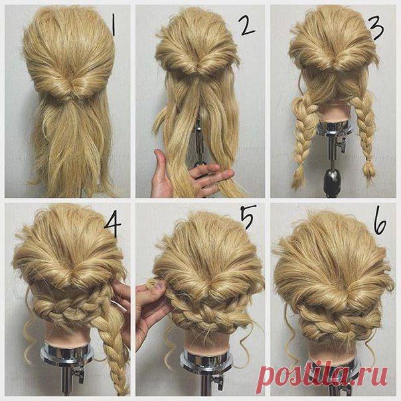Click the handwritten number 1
click(114, 25)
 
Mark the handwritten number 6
click(380, 222)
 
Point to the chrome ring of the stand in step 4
click(67, 355)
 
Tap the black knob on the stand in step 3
click(332, 179)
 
